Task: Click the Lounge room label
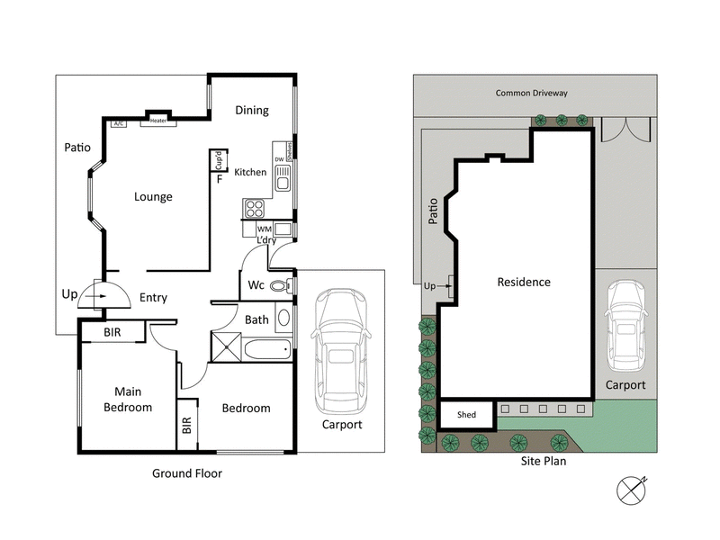pyautogui.click(x=153, y=197)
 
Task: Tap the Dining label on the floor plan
pyautogui.click(x=252, y=111)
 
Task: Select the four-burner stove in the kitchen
pyautogui.click(x=255, y=209)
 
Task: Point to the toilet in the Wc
pyautogui.click(x=280, y=287)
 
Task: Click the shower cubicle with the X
pyautogui.click(x=226, y=346)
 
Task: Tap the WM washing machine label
pyautogui.click(x=264, y=229)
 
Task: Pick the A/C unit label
pyautogui.click(x=119, y=122)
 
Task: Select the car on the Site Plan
pyautogui.click(x=625, y=327)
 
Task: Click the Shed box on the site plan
pyautogui.click(x=467, y=415)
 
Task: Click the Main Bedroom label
pyautogui.click(x=127, y=400)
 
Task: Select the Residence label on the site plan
pyautogui.click(x=524, y=282)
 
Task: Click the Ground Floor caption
pyautogui.click(x=186, y=472)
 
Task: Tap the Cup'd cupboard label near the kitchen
pyautogui.click(x=219, y=160)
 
